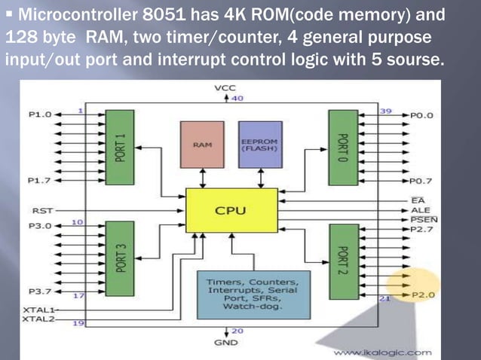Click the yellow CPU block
click(x=230, y=210)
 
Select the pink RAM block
click(x=202, y=145)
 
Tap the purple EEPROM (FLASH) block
click(x=259, y=145)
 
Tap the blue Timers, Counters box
click(x=253, y=294)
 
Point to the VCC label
click(x=225, y=88)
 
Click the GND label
click(x=225, y=341)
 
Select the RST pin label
click(x=42, y=210)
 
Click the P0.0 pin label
click(x=422, y=115)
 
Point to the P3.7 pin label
click(x=40, y=291)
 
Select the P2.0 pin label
click(x=422, y=295)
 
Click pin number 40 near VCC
click(x=237, y=98)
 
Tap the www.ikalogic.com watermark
click(x=382, y=352)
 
